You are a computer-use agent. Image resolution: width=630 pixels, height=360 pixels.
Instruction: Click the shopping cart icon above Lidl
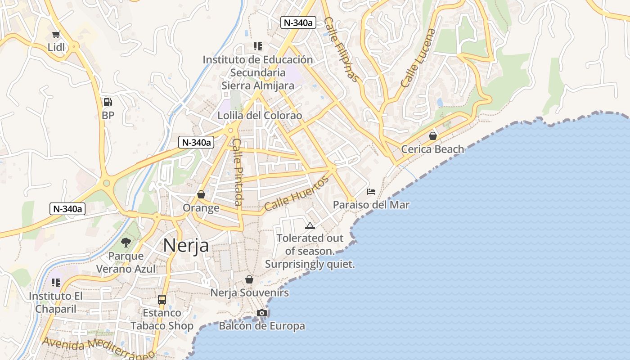(56, 35)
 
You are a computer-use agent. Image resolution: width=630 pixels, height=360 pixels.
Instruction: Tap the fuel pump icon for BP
(108, 102)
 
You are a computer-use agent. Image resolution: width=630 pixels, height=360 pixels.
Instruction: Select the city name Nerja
(186, 246)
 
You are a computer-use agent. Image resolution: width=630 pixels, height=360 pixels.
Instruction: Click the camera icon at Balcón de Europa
(262, 313)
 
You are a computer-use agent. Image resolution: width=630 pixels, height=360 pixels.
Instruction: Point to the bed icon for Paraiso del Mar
(371, 192)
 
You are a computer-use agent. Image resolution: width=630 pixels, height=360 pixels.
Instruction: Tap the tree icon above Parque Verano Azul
(126, 243)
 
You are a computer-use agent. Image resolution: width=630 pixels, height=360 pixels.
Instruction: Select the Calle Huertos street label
(297, 194)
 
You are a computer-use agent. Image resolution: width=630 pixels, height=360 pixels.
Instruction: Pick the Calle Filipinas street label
(342, 49)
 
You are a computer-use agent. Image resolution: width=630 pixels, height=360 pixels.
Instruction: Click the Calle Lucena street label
(418, 58)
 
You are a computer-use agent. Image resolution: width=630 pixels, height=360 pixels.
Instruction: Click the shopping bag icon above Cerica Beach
(433, 136)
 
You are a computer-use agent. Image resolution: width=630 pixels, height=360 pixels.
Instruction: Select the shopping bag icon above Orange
(201, 194)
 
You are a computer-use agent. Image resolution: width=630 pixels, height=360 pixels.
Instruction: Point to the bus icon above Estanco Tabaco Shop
(162, 299)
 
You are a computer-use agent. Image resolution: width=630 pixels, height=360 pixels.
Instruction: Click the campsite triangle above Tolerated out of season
(310, 225)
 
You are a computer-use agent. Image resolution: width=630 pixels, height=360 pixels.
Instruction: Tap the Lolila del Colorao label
(260, 116)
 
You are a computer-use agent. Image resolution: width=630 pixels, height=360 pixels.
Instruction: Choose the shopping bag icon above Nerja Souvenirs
(249, 280)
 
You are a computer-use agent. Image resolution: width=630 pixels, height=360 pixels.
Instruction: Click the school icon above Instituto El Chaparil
(56, 283)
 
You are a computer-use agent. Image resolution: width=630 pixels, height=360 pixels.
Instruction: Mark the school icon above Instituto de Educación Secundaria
(258, 46)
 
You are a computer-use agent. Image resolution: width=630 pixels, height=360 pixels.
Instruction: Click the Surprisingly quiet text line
(310, 264)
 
